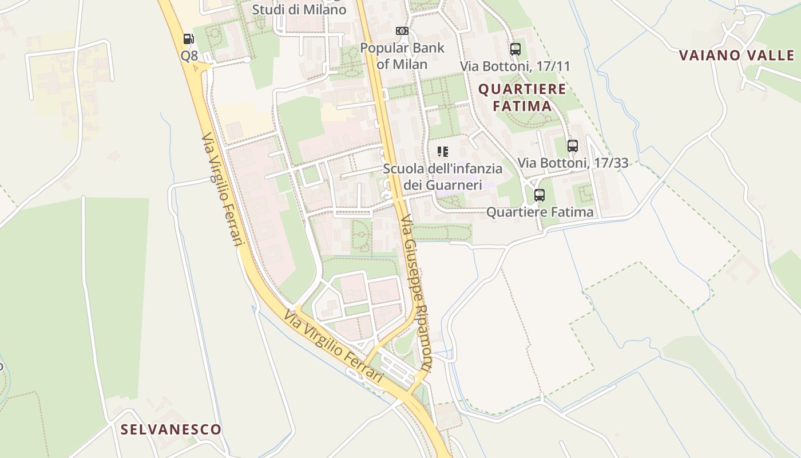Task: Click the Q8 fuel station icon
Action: click(x=188, y=39)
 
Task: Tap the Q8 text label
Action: click(x=189, y=56)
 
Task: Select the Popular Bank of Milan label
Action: click(x=402, y=56)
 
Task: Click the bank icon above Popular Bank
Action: click(x=402, y=31)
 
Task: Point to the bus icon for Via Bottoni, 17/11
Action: click(x=516, y=49)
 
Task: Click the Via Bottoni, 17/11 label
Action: click(x=515, y=66)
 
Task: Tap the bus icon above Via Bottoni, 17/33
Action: click(x=573, y=145)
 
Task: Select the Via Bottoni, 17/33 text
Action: click(x=573, y=163)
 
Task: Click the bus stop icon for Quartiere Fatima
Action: click(x=540, y=195)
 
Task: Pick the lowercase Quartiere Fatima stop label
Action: click(x=540, y=212)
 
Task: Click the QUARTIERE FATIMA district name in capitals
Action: click(x=522, y=97)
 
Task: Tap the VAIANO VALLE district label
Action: click(x=736, y=56)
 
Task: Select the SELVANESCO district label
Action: click(x=170, y=429)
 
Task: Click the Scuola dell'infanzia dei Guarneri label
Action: click(x=442, y=176)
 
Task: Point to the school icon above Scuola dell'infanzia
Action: click(x=442, y=152)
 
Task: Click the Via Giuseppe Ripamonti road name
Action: click(x=416, y=292)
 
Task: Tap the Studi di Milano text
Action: click(x=299, y=10)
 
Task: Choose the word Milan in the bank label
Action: click(x=410, y=64)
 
